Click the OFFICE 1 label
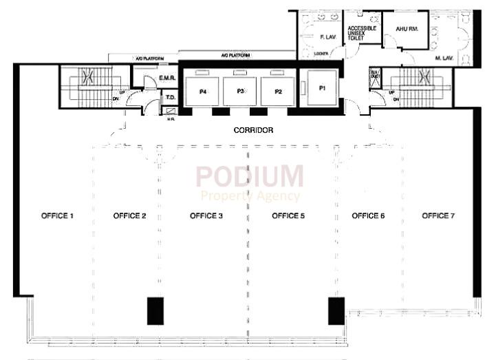coord(58,216)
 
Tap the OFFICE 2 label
coord(129,216)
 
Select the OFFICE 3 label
coord(206,216)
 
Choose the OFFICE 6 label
coord(368,216)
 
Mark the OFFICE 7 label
coord(438,216)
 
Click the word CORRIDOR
coord(254,130)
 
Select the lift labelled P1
coord(322,89)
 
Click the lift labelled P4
coord(204,91)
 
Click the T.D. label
coord(169,98)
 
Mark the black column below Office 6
coord(335,310)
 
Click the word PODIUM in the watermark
coord(249,177)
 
